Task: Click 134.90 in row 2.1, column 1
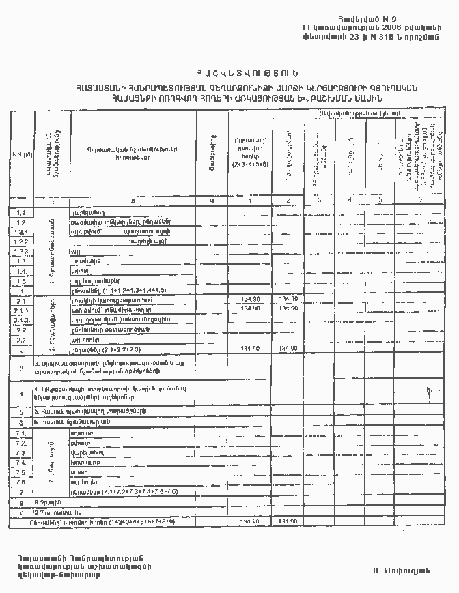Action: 251,299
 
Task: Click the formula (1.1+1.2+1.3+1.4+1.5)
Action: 132,290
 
